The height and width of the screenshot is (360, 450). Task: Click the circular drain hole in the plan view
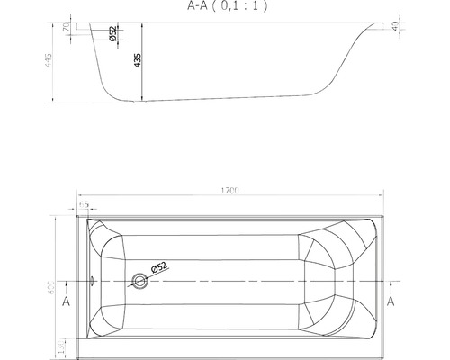pos(139,280)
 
